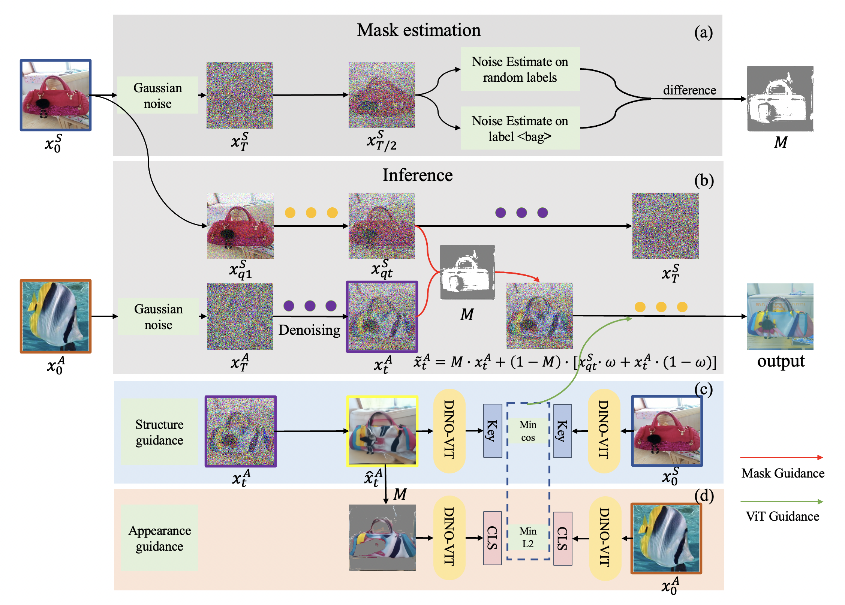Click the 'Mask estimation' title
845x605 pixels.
pyautogui.click(x=418, y=30)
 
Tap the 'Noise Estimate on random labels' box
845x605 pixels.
pyautogui.click(x=520, y=69)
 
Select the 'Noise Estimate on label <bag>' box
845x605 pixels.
pyautogui.click(x=520, y=129)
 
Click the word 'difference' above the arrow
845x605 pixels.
pyautogui.click(x=689, y=90)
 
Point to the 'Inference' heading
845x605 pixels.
pyautogui.click(x=417, y=175)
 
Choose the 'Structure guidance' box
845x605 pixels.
pyautogui.click(x=160, y=432)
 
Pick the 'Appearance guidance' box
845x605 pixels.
pyautogui.click(x=160, y=538)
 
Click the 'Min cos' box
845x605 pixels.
pyautogui.click(x=528, y=431)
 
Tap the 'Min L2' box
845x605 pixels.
pyautogui.click(x=528, y=538)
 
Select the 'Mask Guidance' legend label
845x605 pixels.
pyautogui.click(x=783, y=473)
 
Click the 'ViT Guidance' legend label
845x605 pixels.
pyautogui.click(x=782, y=517)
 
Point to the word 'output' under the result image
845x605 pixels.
pyautogui.click(x=781, y=361)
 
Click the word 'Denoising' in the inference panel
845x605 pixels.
pyautogui.click(x=309, y=330)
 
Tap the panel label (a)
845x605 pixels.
pyautogui.click(x=703, y=32)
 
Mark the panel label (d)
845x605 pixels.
pyautogui.click(x=704, y=496)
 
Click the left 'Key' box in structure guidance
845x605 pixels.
pyautogui.click(x=493, y=431)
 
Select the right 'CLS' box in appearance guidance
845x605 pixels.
pyautogui.click(x=563, y=538)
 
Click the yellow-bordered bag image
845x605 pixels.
pyautogui.click(x=382, y=431)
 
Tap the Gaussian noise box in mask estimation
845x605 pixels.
pyautogui.click(x=158, y=96)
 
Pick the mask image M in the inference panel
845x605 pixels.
pyautogui.click(x=467, y=272)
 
